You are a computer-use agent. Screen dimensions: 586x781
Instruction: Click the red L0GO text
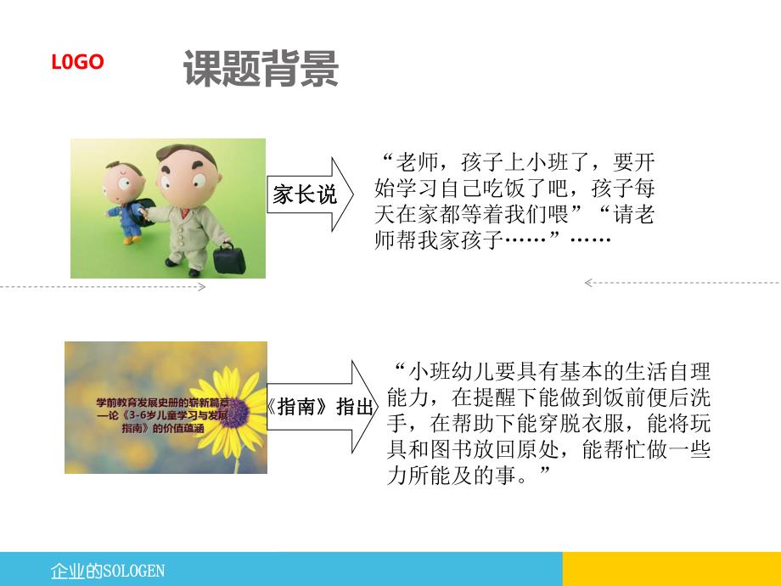(77, 62)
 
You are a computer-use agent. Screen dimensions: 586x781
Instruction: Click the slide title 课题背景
(261, 68)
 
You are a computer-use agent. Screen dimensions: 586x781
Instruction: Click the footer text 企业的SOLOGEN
(108, 570)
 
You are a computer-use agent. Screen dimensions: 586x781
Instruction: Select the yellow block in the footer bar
(671, 568)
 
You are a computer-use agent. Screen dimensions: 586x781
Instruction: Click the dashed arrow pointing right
(102, 287)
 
